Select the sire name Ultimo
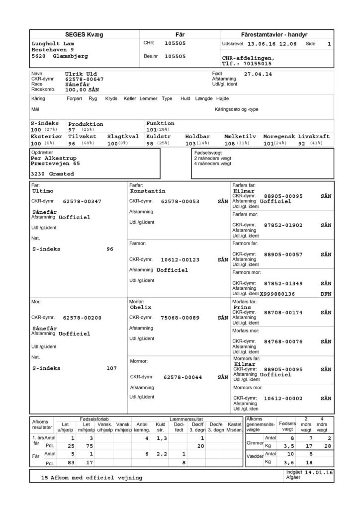point(42,191)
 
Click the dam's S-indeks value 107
point(111,368)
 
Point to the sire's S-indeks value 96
point(111,249)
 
